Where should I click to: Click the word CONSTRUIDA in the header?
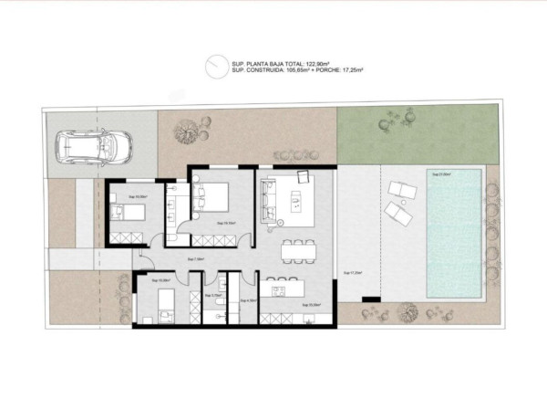click(x=263, y=69)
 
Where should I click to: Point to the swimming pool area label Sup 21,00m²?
click(x=442, y=174)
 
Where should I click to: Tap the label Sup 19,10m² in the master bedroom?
click(x=226, y=222)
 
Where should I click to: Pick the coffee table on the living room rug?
click(x=296, y=199)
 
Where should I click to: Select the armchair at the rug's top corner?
click(x=305, y=180)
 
